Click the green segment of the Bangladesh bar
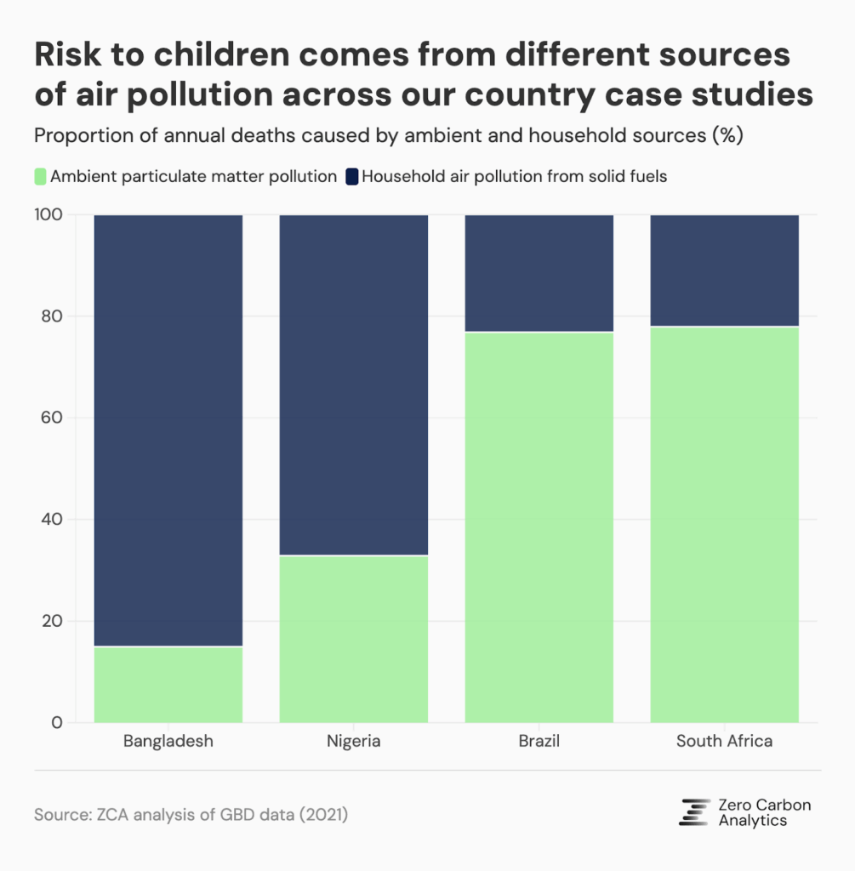(168, 685)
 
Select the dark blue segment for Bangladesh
(168, 430)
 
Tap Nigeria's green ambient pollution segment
(353, 639)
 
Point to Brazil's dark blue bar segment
(539, 273)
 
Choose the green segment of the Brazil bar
(539, 527)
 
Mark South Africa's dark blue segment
(724, 270)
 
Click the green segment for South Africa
(724, 524)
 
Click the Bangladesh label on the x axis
(168, 741)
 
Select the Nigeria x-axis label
(353, 741)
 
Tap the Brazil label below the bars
(539, 741)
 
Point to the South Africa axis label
(724, 741)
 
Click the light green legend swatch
(40, 177)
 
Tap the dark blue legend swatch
(351, 177)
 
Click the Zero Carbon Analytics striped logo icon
(694, 812)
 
